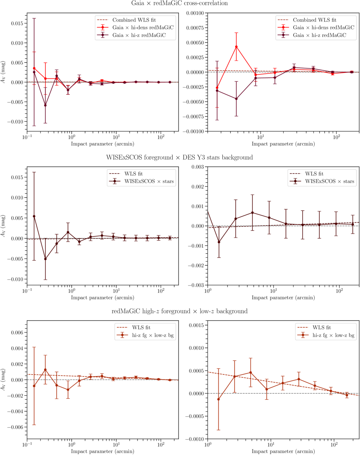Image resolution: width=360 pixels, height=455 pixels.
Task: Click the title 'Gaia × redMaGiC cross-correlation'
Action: point(179,3)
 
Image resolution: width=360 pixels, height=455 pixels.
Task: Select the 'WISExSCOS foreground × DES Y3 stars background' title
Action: point(179,157)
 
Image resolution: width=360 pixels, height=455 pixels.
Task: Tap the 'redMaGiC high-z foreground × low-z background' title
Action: point(179,311)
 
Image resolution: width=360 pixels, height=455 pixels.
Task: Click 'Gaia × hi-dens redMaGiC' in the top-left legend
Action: point(143,28)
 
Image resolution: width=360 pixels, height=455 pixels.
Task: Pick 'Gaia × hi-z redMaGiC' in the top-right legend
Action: point(319,35)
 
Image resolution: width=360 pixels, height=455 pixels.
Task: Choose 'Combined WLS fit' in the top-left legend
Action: point(134,20)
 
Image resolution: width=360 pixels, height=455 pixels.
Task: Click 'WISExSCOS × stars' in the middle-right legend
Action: point(329,181)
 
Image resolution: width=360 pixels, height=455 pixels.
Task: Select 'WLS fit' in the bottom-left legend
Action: point(141,327)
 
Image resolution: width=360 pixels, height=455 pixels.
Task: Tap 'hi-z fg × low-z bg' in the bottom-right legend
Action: point(333,335)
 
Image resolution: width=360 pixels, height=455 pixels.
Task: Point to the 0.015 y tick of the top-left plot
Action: point(17,23)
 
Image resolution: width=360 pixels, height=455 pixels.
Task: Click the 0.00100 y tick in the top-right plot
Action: point(195,13)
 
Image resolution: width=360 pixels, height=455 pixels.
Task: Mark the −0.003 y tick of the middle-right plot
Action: point(196,285)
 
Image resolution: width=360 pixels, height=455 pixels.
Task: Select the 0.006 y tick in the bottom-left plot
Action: point(17,332)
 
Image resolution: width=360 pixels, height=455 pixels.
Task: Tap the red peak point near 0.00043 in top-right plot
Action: point(237,47)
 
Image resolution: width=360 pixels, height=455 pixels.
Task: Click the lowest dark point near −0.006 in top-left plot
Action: point(45,105)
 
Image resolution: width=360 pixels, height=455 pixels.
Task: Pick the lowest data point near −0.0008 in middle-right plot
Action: point(219,242)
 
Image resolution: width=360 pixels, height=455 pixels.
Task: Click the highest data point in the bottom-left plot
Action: point(45,370)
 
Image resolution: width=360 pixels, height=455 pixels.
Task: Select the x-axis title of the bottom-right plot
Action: point(283,451)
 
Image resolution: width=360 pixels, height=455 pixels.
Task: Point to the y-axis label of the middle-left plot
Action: point(3,226)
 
